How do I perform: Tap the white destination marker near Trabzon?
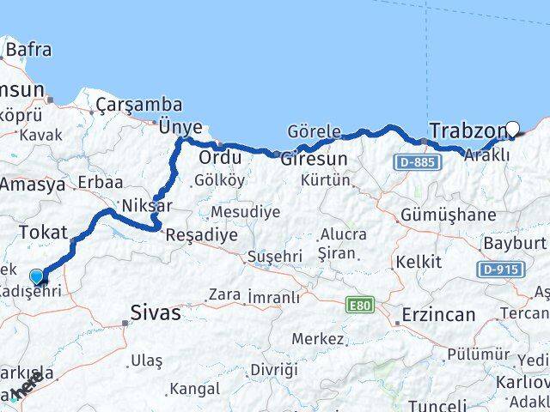point(513,130)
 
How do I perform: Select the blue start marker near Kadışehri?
point(37,276)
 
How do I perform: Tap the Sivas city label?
point(156,312)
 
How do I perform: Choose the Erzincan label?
point(437,315)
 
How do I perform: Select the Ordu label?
point(218,159)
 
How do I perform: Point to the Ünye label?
point(180,126)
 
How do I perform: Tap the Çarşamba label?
point(139,105)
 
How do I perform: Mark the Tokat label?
point(42,231)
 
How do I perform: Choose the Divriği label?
point(273,369)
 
